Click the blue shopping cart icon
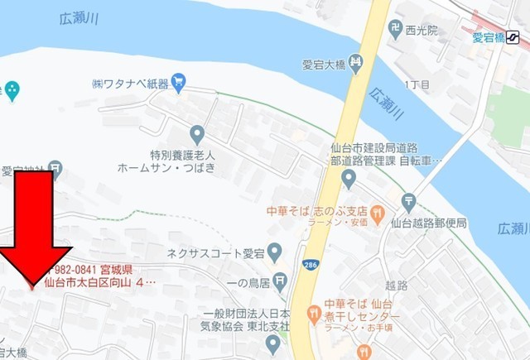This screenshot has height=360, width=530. tap(178, 82)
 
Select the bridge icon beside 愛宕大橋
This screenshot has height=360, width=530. tap(355, 62)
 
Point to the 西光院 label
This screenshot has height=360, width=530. tap(420, 31)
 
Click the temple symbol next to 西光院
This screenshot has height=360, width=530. tap(396, 29)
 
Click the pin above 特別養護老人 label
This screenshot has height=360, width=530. tap(197, 133)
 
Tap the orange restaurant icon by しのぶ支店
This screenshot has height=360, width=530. tap(378, 212)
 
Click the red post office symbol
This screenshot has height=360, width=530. tap(408, 201)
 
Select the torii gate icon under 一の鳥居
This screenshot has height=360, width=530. tap(282, 282)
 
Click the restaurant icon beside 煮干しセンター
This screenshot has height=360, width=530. tap(312, 313)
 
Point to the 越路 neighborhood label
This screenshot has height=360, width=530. tap(397, 285)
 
